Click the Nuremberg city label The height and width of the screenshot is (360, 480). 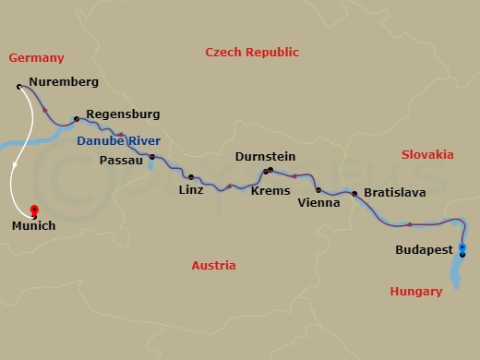pyautogui.click(x=63, y=82)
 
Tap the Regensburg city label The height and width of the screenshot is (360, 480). pyautogui.click(x=122, y=114)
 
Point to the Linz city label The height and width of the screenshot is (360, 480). pyautogui.click(x=191, y=190)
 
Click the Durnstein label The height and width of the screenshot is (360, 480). pyautogui.click(x=265, y=156)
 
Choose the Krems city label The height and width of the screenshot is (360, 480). pyautogui.click(x=270, y=190)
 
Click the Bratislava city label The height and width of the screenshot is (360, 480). pyautogui.click(x=394, y=193)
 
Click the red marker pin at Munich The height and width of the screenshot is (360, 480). pyautogui.click(x=34, y=210)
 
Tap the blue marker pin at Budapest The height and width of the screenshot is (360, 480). pyautogui.click(x=462, y=249)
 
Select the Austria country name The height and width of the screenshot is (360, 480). pyautogui.click(x=213, y=266)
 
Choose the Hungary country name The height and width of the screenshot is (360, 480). pyautogui.click(x=416, y=292)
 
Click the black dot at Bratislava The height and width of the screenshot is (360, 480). pyautogui.click(x=354, y=194)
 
